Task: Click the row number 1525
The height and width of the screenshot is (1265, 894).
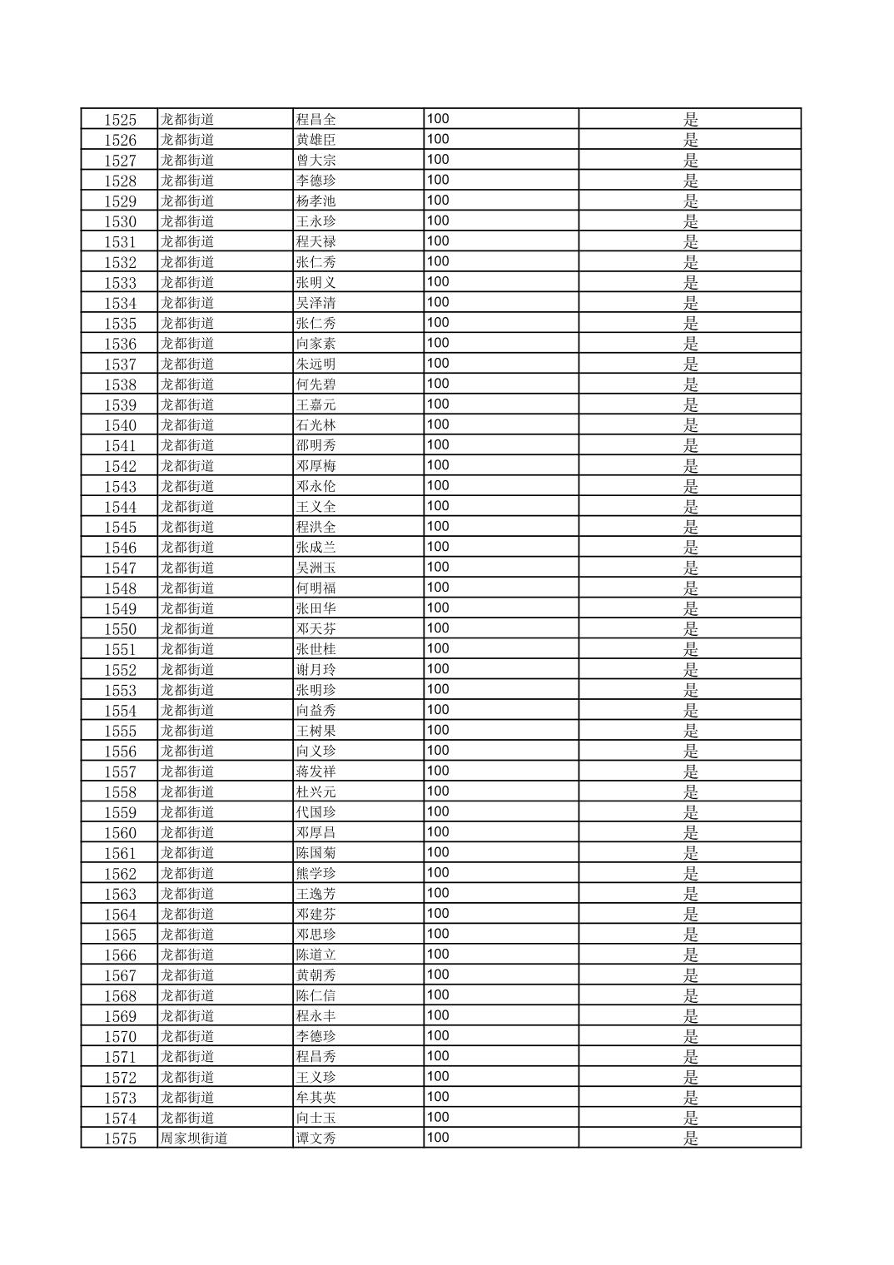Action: point(120,119)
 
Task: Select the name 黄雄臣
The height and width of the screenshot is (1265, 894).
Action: point(316,140)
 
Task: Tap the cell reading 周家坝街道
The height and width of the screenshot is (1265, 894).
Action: point(194,1138)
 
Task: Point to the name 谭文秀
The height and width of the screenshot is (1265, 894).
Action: point(316,1138)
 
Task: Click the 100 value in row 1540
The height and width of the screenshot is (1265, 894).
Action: point(438,424)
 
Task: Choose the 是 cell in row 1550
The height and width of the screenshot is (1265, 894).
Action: point(690,629)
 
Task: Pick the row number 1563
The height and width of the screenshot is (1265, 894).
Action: point(120,894)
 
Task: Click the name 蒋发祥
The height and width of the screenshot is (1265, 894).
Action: point(316,771)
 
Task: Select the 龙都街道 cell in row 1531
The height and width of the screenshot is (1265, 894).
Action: point(187,241)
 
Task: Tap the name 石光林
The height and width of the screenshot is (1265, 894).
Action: point(316,425)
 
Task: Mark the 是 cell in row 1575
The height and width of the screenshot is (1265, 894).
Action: point(690,1138)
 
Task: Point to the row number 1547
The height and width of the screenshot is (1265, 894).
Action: point(120,568)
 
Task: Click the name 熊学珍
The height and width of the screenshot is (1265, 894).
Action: point(316,874)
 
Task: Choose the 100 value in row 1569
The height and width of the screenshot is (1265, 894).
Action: point(438,1015)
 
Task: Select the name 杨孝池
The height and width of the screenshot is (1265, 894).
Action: point(316,201)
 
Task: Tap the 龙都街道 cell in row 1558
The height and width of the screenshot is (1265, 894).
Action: point(187,791)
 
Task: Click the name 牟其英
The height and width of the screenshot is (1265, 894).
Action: point(316,1098)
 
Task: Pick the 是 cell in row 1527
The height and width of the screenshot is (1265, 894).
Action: point(690,160)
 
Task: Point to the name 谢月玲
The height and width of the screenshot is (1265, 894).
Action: point(316,670)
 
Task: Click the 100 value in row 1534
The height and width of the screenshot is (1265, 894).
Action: point(438,302)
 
